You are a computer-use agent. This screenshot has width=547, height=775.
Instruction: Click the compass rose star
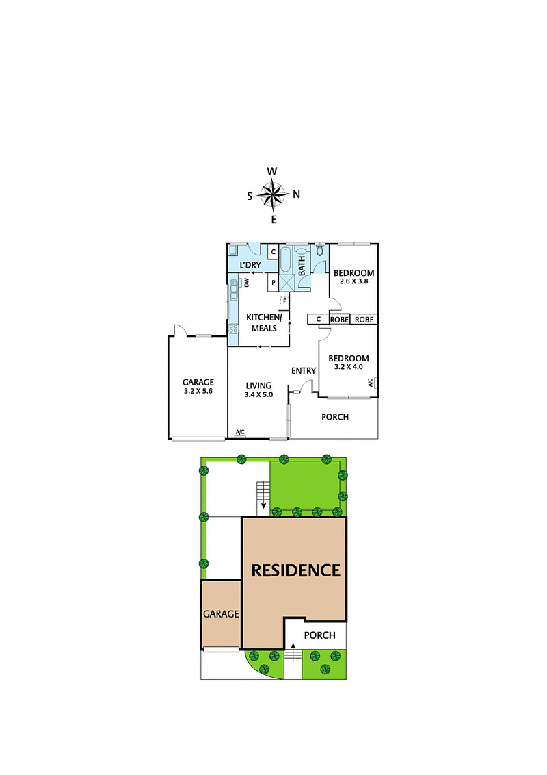click(273, 195)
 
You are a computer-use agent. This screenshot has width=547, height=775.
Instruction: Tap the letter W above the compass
click(271, 172)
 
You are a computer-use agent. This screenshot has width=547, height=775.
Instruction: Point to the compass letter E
click(273, 220)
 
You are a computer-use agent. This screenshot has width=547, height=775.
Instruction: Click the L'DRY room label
click(249, 265)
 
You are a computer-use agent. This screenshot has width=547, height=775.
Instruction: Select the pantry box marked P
click(272, 282)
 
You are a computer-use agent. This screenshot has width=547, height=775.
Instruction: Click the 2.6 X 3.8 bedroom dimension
click(354, 281)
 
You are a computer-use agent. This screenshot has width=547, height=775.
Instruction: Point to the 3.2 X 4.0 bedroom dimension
click(349, 366)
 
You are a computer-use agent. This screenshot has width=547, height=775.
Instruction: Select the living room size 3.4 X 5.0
click(258, 394)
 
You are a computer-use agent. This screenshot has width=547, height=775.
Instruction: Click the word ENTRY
click(304, 371)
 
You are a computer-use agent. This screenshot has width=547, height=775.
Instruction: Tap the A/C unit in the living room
click(240, 433)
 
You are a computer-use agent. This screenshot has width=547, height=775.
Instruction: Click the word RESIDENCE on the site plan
click(296, 570)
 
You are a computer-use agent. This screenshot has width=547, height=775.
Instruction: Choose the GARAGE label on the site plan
click(221, 614)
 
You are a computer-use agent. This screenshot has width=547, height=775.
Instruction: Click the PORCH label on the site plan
click(319, 635)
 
